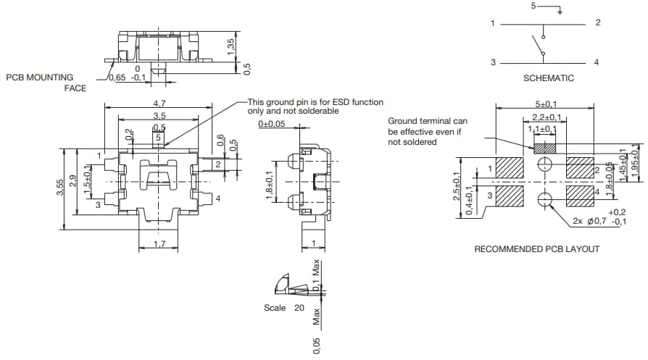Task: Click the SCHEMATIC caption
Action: [x=548, y=78]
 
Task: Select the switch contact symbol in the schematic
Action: [x=540, y=43]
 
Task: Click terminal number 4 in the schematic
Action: [x=597, y=62]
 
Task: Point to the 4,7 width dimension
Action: [x=159, y=103]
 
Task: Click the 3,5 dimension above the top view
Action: [x=159, y=115]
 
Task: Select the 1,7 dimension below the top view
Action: [x=159, y=246]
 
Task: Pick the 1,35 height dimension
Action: [x=231, y=45]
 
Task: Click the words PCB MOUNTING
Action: [x=40, y=77]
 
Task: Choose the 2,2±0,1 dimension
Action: [x=544, y=117]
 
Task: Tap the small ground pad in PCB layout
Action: [x=544, y=148]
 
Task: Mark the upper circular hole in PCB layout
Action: [x=544, y=166]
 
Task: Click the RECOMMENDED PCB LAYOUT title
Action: [x=536, y=248]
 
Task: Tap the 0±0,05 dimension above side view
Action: [x=273, y=124]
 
